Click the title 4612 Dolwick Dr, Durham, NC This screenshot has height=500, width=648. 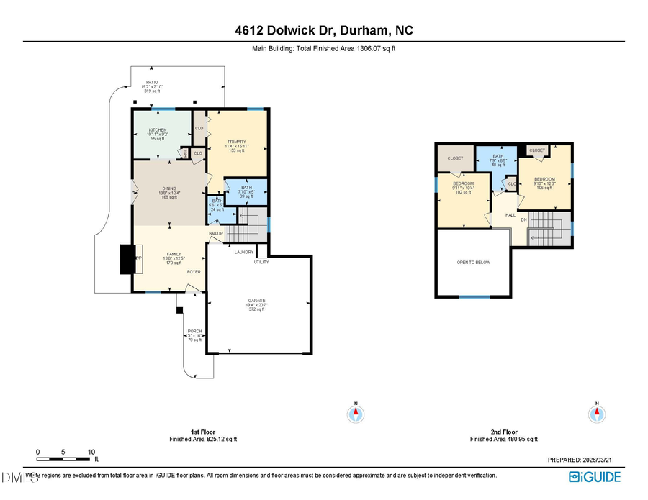point(323,30)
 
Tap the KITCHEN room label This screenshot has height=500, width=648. point(158,130)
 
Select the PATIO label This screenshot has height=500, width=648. point(152,83)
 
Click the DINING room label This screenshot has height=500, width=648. point(168,188)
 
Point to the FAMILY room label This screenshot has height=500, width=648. point(174,254)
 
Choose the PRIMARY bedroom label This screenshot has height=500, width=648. point(237,142)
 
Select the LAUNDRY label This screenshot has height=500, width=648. point(243,251)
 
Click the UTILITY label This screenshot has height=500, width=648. point(261,262)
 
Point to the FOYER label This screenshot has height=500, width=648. point(194,272)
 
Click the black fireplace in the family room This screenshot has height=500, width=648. point(127,259)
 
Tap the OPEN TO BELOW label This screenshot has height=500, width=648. point(473,262)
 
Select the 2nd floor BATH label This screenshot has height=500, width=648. point(498,156)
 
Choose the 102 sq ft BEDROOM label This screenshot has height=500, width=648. point(463,183)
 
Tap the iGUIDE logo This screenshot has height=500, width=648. point(594,476)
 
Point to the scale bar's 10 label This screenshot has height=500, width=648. point(91,452)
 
